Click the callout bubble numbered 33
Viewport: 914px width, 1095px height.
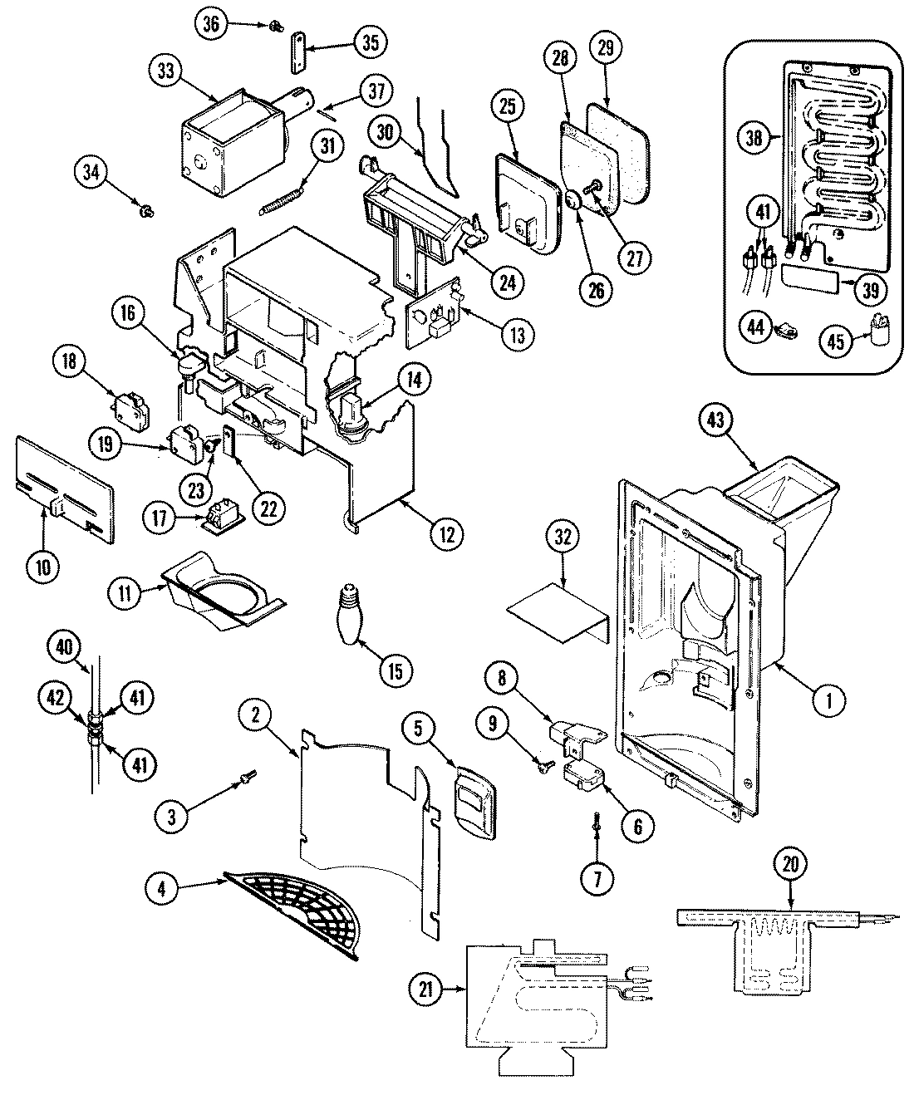pyautogui.click(x=167, y=71)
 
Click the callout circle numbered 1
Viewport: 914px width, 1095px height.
pyautogui.click(x=829, y=700)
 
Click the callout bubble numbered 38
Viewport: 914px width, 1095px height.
pyautogui.click(x=754, y=138)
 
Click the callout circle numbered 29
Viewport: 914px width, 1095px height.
pyautogui.click(x=605, y=48)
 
